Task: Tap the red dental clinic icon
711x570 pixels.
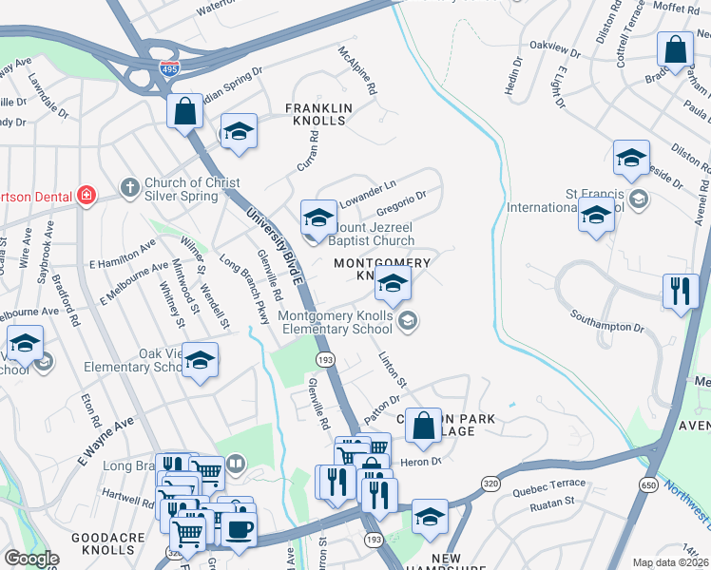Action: [x=86, y=195]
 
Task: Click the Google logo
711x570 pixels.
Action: [x=30, y=558]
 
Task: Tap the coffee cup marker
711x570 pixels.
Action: [x=239, y=529]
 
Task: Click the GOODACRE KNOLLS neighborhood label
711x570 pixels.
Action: [x=107, y=543]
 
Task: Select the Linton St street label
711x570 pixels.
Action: [x=392, y=370]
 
